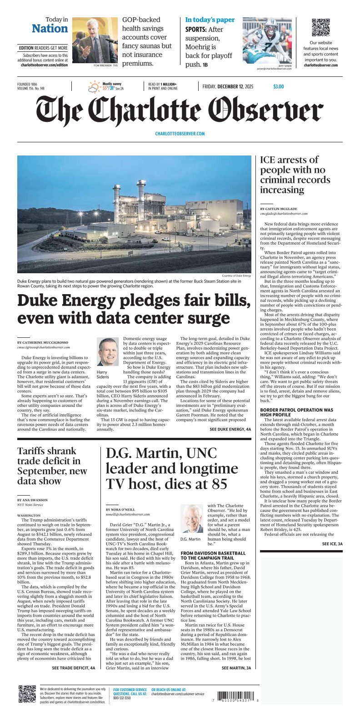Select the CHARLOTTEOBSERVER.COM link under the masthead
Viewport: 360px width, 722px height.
[180, 134]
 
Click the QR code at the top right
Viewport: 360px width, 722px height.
[320, 28]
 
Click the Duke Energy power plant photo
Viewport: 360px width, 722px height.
[134, 214]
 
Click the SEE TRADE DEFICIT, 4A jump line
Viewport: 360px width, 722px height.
[73, 668]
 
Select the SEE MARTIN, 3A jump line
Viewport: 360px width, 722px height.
[236, 668]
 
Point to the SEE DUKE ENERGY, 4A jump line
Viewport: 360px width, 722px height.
[230, 429]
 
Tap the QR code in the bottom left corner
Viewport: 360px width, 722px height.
[27, 695]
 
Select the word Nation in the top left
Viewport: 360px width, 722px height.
[50, 29]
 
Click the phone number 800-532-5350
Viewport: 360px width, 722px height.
[122, 698]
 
